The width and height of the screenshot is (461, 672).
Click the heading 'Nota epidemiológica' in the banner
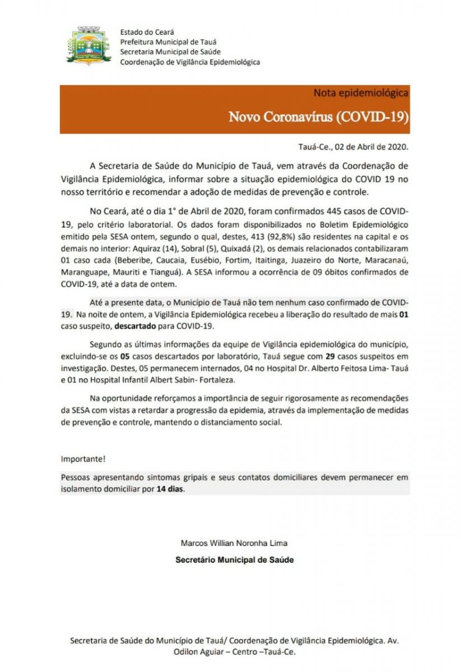360,92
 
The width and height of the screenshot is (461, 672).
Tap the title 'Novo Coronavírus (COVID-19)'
318,117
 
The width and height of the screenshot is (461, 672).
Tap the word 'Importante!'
83,459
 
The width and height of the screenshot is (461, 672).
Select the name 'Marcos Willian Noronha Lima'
234,543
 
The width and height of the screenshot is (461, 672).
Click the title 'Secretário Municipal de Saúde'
234,559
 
